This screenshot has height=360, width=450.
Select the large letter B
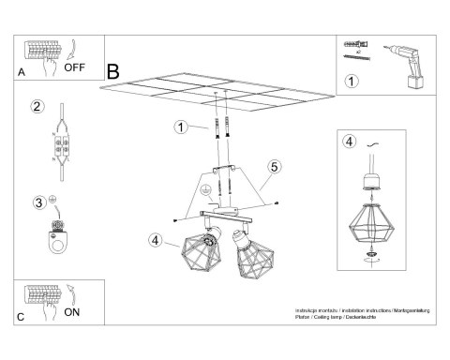click(114, 70)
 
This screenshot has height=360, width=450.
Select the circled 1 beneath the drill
click(352, 82)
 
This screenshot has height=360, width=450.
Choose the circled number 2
click(37, 108)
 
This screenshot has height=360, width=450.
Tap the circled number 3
click(38, 201)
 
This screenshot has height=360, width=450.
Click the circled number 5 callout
click(274, 167)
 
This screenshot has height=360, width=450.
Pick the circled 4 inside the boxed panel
click(349, 142)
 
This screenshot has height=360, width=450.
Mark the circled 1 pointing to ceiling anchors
click(179, 127)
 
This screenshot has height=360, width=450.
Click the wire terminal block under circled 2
click(64, 149)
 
